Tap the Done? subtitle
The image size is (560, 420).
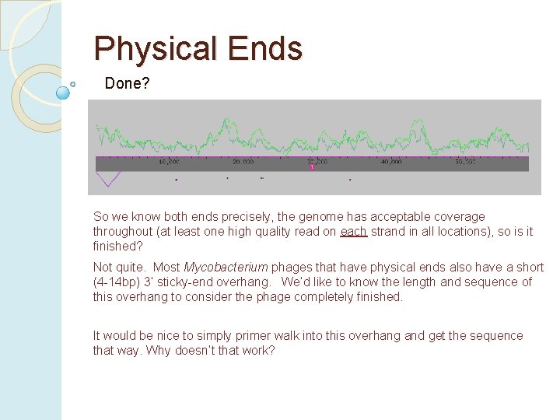pos(127,83)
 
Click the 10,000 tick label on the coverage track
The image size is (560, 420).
pos(169,163)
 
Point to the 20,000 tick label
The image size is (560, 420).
pos(243,163)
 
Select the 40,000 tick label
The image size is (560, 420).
pos(391,163)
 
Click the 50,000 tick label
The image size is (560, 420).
pos(465,163)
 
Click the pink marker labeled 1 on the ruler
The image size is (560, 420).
pos(312,166)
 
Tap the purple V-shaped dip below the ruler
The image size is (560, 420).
pos(108,180)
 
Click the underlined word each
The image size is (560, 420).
pos(353,232)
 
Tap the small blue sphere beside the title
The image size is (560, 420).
pos(64,93)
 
